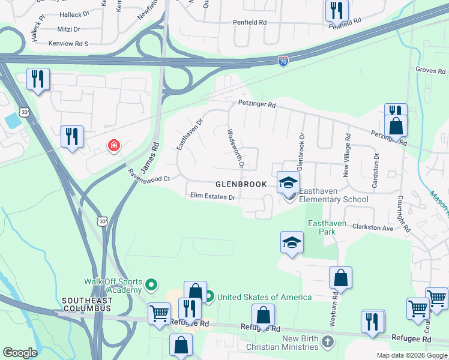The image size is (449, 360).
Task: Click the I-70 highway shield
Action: coord(283,61)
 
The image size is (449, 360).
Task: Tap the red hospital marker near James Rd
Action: coord(113,145)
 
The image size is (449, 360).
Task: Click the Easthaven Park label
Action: coord(327,227)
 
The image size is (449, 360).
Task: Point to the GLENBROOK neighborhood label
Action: coord(241,184)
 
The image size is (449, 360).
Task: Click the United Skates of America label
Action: coord(264,297)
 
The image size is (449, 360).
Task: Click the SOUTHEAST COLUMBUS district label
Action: coord(86,304)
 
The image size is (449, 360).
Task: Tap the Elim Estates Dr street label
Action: coord(212,196)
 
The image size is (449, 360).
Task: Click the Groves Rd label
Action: coord(430,70)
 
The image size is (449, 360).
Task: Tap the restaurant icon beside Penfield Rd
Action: coord(336,10)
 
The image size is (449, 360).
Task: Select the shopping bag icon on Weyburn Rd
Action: coord(340,278)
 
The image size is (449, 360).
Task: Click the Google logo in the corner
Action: coord(20,353)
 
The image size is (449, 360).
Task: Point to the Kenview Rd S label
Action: coord(69,44)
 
